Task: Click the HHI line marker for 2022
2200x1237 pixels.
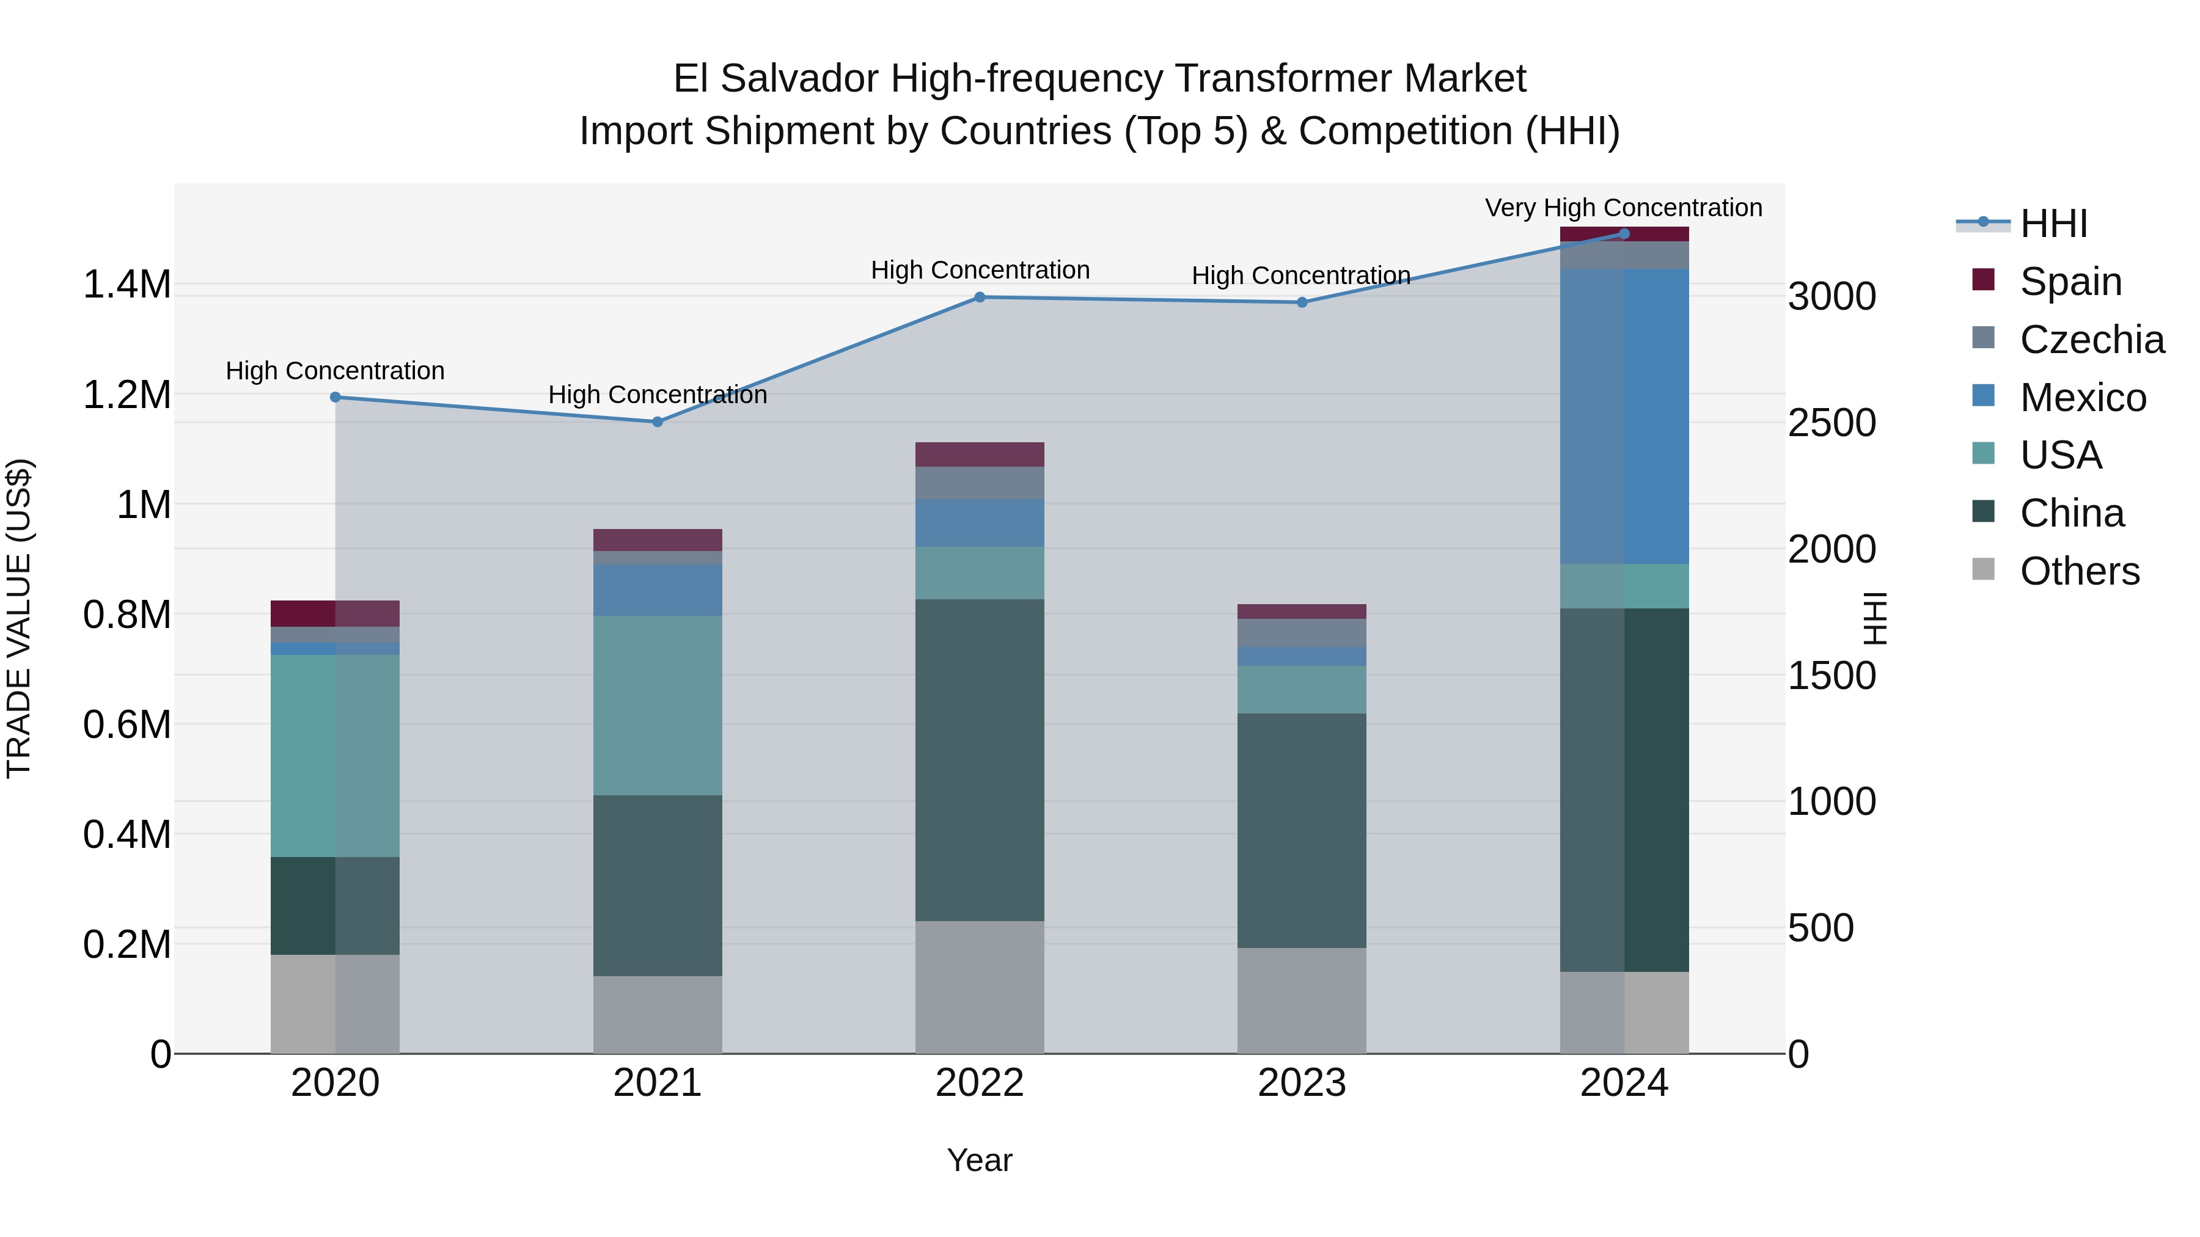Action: tap(980, 297)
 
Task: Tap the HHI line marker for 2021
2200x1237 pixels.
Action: tap(658, 421)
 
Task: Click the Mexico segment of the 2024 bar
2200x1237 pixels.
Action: tap(1624, 416)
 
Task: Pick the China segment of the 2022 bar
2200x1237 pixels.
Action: tap(980, 760)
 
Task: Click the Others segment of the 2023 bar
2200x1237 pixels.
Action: tap(1302, 1001)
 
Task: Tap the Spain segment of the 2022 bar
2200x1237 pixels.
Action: tap(980, 454)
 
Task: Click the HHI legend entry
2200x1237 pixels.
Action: tap(2053, 224)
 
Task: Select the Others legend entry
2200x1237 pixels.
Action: tap(2079, 571)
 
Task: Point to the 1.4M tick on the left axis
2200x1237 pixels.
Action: tap(127, 284)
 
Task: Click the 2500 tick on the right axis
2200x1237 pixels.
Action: tap(1832, 423)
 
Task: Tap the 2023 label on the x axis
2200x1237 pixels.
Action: tap(1302, 1083)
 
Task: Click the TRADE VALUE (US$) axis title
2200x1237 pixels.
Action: tap(19, 618)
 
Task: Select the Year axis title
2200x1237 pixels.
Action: tap(980, 1160)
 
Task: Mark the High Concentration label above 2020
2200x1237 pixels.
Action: tap(335, 371)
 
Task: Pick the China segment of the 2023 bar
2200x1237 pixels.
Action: tap(1302, 831)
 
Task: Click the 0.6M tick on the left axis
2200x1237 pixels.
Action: tap(127, 724)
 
